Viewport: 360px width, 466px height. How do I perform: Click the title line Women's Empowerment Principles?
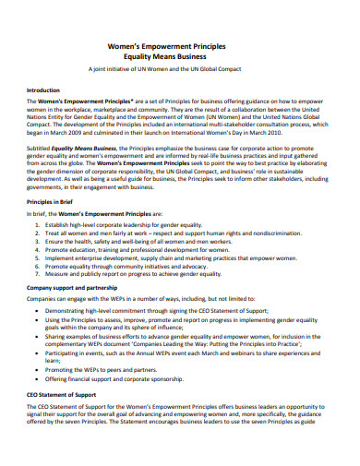coord(180,45)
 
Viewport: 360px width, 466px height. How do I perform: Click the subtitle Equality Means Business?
coord(180,56)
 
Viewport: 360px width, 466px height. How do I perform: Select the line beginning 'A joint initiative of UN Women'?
coord(180,69)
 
